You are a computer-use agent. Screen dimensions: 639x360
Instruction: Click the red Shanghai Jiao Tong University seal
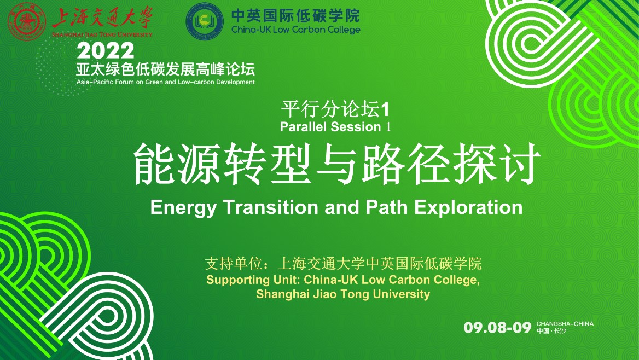coord(27,21)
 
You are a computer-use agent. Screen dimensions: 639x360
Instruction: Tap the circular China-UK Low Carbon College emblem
coord(205,21)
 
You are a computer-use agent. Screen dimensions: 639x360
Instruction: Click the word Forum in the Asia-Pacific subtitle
coord(124,82)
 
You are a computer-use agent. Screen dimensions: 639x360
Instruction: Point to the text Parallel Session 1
coord(335,127)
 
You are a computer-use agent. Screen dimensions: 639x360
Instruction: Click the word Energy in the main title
coord(183,208)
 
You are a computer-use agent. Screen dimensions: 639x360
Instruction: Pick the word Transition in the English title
coord(271,207)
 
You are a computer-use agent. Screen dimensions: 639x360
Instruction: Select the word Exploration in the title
coord(468,208)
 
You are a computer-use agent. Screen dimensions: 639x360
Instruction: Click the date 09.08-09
coord(498,327)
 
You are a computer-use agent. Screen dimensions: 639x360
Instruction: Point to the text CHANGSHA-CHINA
coord(565,324)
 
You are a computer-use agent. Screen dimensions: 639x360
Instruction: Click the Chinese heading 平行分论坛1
coord(335,109)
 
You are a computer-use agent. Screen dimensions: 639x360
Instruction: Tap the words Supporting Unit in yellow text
coord(253,280)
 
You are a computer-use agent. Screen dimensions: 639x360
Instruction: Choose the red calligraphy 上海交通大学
coord(102,19)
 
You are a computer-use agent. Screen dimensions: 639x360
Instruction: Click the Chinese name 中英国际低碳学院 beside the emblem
coord(296,16)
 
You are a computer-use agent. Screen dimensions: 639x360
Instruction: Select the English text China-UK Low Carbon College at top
coord(296,30)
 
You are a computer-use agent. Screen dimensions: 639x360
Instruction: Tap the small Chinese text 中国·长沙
coord(551,330)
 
